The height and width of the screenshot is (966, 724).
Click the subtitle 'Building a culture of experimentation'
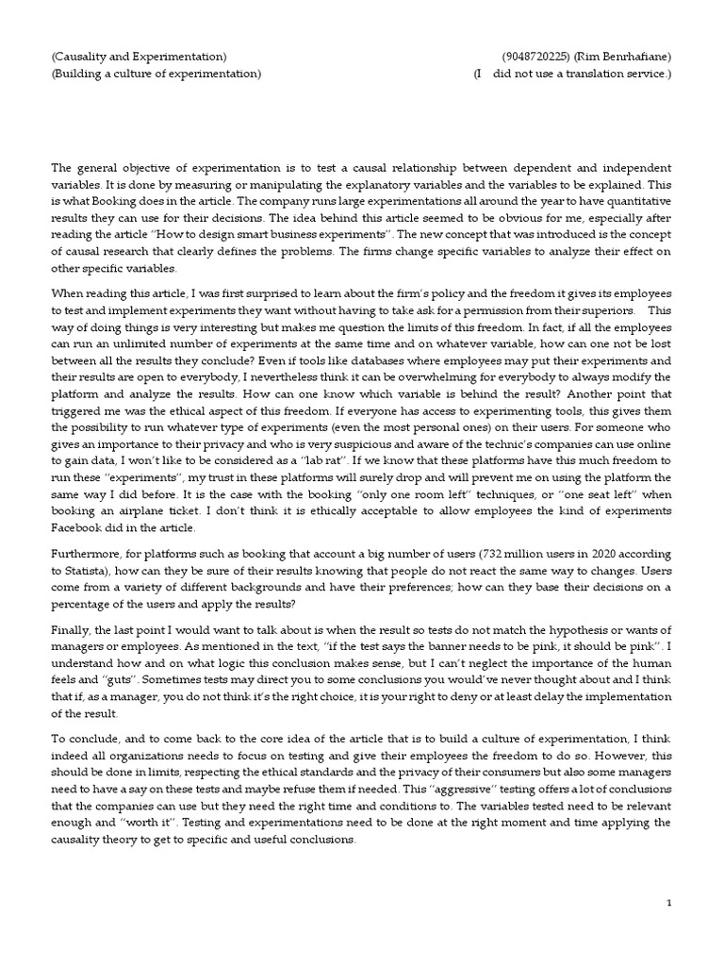[x=156, y=74]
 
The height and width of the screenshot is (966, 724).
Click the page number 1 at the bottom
[x=669, y=903]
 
